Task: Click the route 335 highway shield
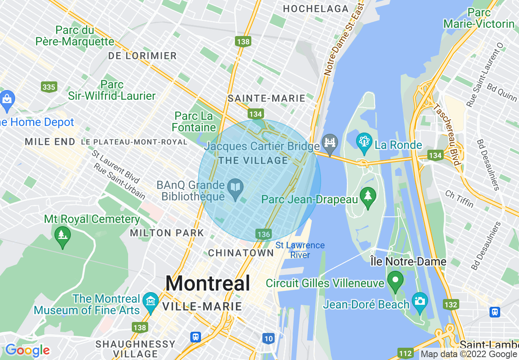coord(49,87)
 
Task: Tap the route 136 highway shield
coord(264,234)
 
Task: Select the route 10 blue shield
coord(268,338)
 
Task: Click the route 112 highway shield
coord(405,353)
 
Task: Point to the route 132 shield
coord(451,304)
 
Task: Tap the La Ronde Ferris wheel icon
coord(363,142)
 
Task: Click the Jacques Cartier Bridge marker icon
coord(329,142)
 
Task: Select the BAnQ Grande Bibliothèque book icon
coord(236,188)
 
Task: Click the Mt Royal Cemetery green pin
coord(62,235)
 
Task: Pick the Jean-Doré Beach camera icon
coord(420,301)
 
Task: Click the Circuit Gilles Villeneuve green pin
coord(396,280)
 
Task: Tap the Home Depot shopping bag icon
coord(7,99)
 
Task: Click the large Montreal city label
coord(208,283)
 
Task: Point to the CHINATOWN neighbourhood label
coord(241,253)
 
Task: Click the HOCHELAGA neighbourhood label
coord(316,9)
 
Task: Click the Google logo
coord(27,350)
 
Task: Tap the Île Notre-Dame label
coord(408,261)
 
